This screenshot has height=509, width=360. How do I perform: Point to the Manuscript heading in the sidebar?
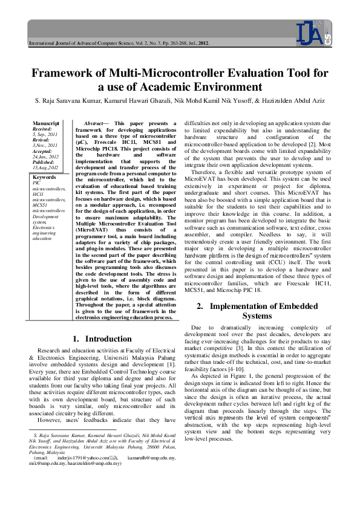[x=46, y=123]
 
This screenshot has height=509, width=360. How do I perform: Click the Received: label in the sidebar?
[x=42, y=129]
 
